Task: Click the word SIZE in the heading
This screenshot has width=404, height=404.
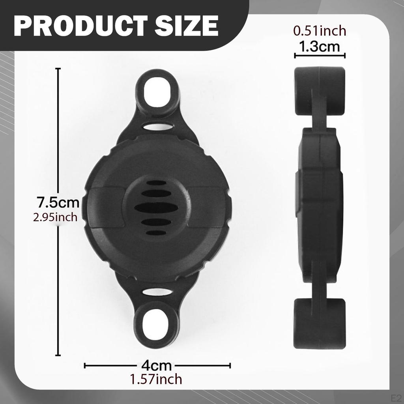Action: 187,26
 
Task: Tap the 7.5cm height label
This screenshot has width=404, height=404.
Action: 58,202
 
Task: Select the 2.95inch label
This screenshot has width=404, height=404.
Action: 55,217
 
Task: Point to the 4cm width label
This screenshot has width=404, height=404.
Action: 156,366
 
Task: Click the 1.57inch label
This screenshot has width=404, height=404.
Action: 156,379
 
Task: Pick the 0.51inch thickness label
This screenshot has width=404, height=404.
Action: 320,31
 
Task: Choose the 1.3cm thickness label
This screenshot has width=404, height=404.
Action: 320,47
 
